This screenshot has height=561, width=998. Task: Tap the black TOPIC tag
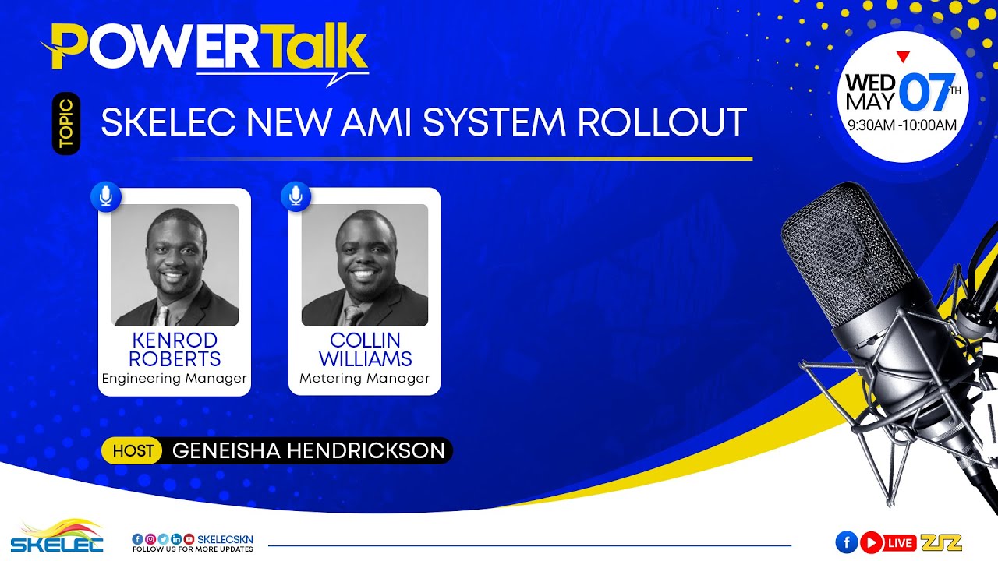pyautogui.click(x=65, y=123)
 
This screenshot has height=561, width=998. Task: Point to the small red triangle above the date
pyautogui.click(x=903, y=56)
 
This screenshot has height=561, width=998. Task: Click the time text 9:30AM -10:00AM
pyautogui.click(x=902, y=125)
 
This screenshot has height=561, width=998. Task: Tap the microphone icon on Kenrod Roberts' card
pyautogui.click(x=106, y=196)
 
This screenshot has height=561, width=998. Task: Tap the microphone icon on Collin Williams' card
pyautogui.click(x=296, y=196)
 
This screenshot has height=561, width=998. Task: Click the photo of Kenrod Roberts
pyautogui.click(x=175, y=265)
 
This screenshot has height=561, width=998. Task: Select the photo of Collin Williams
pyautogui.click(x=364, y=265)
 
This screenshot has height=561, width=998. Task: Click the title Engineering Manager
pyautogui.click(x=175, y=379)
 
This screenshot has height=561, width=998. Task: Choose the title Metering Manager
pyautogui.click(x=364, y=379)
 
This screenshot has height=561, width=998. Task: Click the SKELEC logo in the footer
pyautogui.click(x=56, y=537)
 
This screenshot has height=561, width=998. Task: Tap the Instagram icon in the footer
pyautogui.click(x=150, y=538)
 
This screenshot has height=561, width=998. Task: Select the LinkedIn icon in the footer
pyautogui.click(x=176, y=538)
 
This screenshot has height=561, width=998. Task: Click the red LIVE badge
pyautogui.click(x=901, y=542)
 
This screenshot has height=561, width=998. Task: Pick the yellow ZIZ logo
pyautogui.click(x=941, y=542)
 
